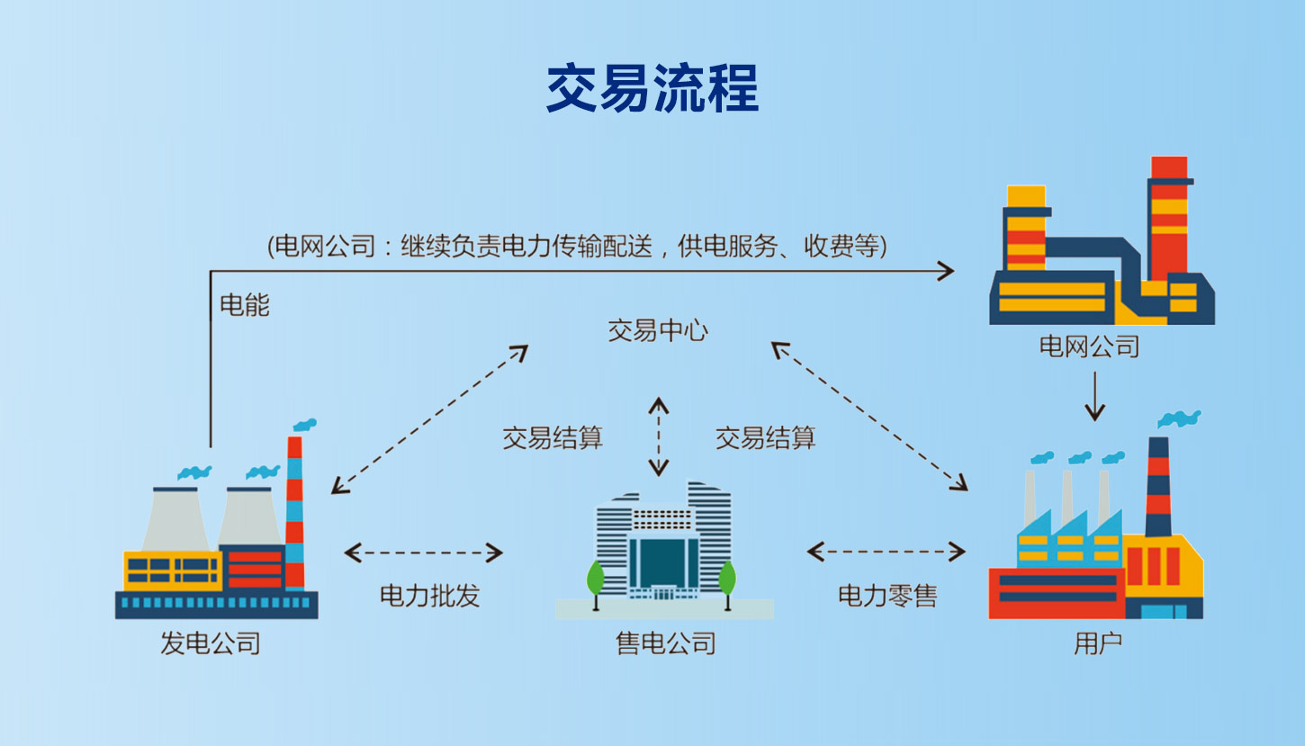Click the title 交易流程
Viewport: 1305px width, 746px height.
652,88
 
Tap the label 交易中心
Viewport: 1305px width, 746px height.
658,330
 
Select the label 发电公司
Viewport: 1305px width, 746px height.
211,643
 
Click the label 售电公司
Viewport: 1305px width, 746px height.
666,643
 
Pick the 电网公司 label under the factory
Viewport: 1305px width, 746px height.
1089,346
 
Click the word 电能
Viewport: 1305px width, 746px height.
245,305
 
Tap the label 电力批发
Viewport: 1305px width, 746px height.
429,595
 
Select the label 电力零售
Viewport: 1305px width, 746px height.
887,595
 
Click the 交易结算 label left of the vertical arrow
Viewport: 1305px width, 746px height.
553,438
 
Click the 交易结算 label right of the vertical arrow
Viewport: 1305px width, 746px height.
765,438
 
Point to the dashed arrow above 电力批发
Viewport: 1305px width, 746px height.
424,553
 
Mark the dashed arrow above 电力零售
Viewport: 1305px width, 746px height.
886,552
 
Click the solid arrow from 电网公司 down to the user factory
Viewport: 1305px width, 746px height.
1094,396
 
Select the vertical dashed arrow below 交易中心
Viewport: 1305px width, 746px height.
660,436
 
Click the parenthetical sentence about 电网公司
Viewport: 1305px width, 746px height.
577,246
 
